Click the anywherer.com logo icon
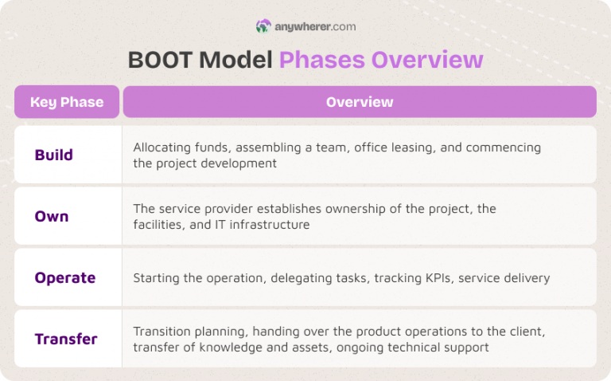pos(263,26)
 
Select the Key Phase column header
pos(67,102)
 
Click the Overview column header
pos(360,102)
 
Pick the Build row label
pos(53,155)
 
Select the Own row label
pos(52,216)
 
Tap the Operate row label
pos(64,277)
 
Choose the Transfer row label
pos(66,339)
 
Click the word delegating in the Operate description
pos(301,278)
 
